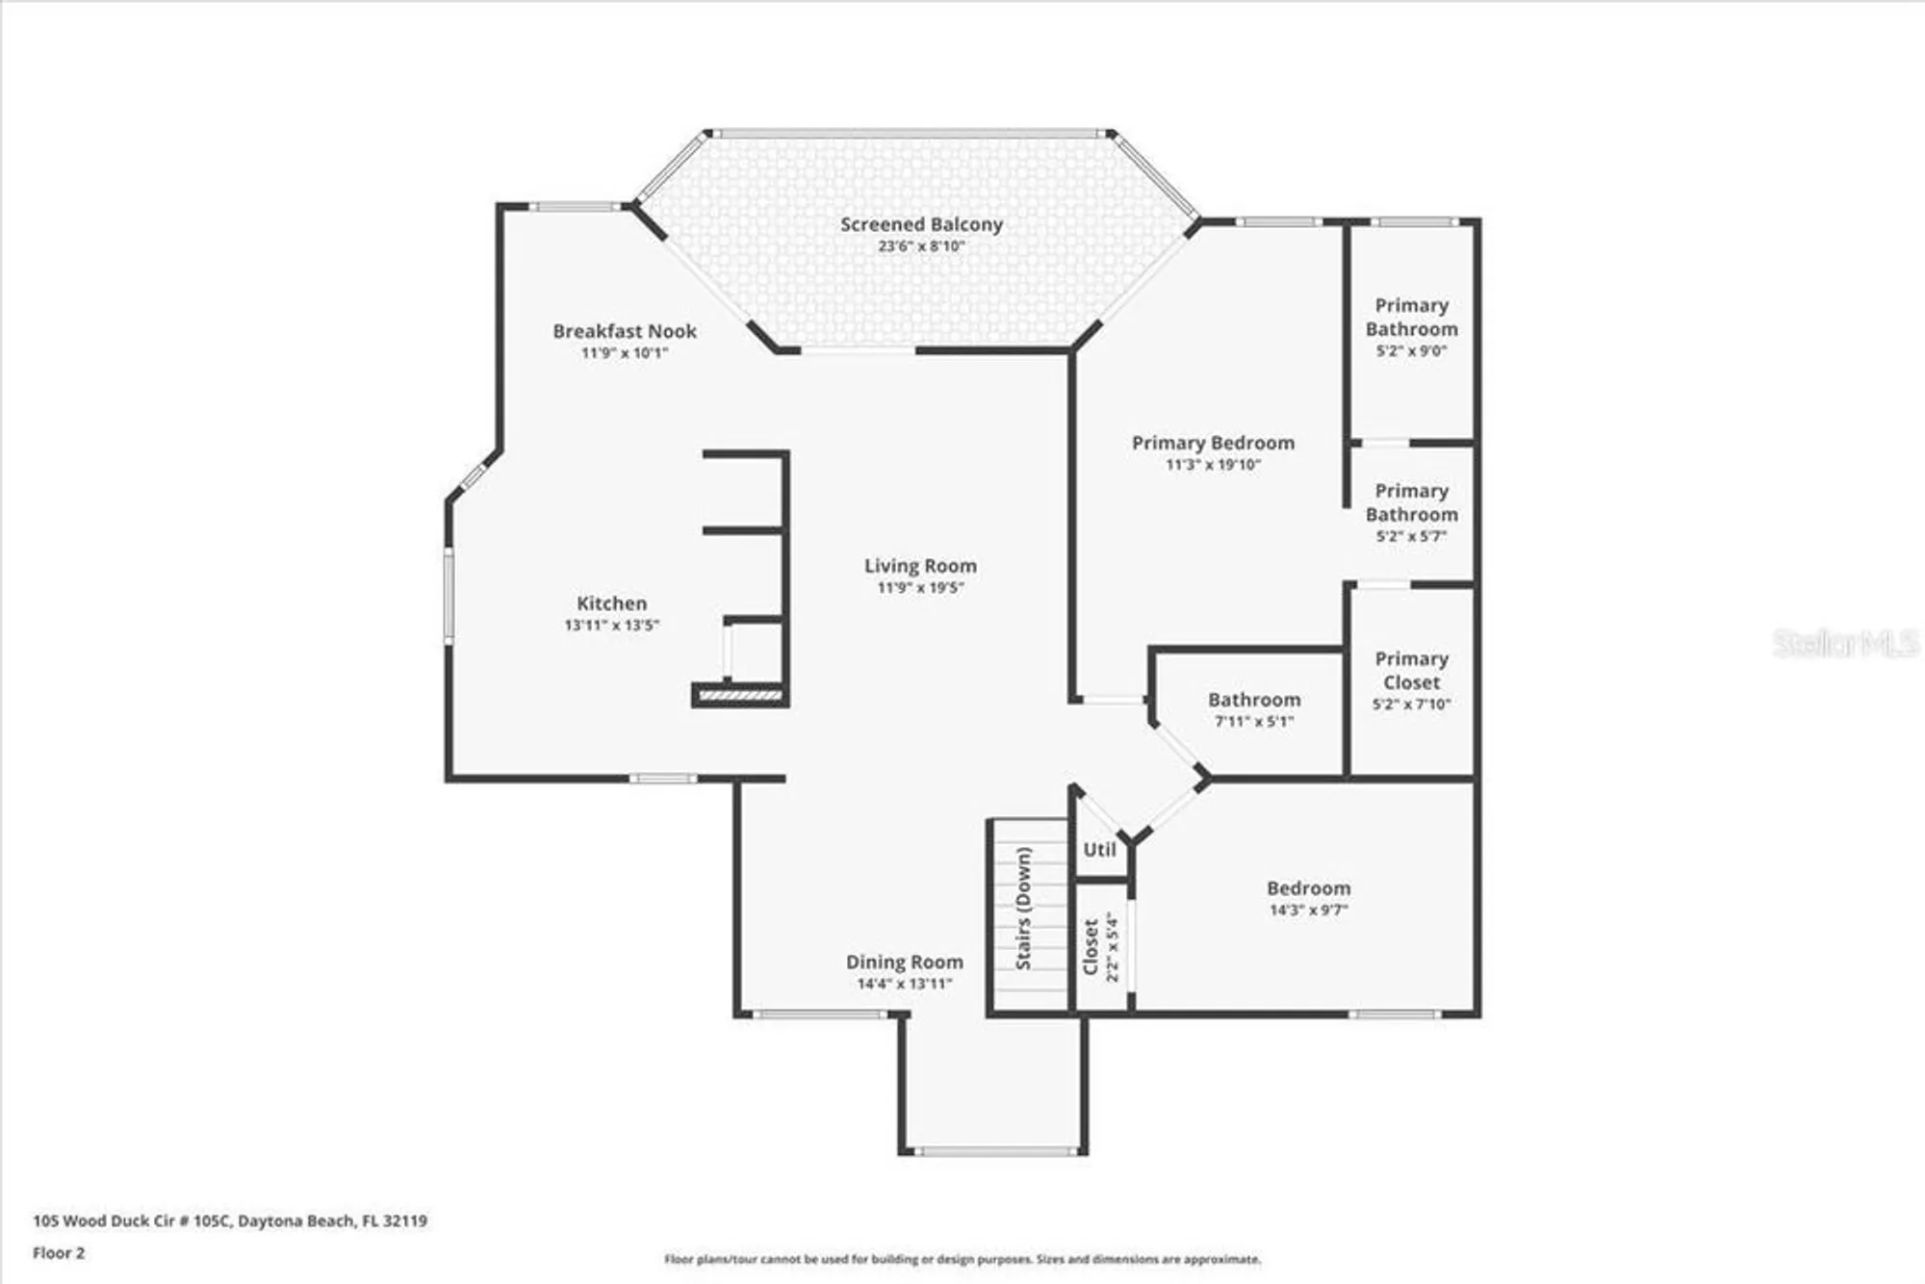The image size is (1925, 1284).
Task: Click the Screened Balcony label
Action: (921, 224)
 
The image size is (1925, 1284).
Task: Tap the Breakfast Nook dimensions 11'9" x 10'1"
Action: (624, 353)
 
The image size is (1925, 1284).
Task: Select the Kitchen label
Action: (611, 603)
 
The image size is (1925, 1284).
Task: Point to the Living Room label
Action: (920, 566)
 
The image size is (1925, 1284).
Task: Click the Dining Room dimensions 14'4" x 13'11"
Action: (904, 984)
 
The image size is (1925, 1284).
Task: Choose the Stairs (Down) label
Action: (1023, 908)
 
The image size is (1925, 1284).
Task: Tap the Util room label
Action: (1099, 850)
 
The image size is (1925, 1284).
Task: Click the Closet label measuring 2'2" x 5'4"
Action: (1091, 947)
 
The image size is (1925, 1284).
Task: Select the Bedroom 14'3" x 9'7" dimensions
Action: (1308, 910)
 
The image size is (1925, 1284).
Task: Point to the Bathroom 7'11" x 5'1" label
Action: (1254, 700)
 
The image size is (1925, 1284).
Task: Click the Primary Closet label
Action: (1411, 670)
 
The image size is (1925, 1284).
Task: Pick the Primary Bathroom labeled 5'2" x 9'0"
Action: (1411, 317)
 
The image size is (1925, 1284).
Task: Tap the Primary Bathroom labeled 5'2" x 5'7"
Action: (1411, 502)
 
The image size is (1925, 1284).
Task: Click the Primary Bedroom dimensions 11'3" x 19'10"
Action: (1213, 465)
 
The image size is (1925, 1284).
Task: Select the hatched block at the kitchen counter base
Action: (739, 694)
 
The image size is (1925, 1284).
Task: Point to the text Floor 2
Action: (59, 1253)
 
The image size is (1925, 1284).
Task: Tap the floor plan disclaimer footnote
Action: (962, 1259)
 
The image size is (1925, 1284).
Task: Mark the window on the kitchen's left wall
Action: (449, 595)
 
